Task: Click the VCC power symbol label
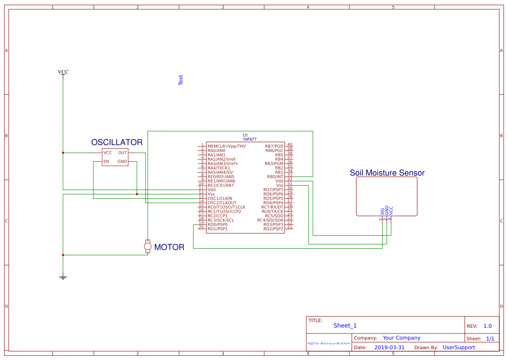pyautogui.click(x=63, y=72)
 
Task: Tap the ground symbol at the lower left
pyautogui.click(x=63, y=277)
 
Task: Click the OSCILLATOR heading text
pyautogui.click(x=116, y=142)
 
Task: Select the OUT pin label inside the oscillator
pyautogui.click(x=123, y=153)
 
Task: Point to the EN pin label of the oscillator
pyautogui.click(x=106, y=162)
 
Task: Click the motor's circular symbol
pyautogui.click(x=148, y=247)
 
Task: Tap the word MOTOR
pyautogui.click(x=169, y=247)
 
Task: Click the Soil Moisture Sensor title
pyautogui.click(x=387, y=173)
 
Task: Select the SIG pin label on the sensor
pyautogui.click(x=382, y=212)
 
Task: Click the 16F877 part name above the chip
pyautogui.click(x=249, y=139)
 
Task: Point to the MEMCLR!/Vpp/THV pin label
pyautogui.click(x=226, y=146)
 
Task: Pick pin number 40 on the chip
pyautogui.click(x=289, y=144)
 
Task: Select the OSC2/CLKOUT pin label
pyautogui.click(x=222, y=203)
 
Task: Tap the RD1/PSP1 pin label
pyautogui.click(x=217, y=229)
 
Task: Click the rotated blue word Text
pyautogui.click(x=181, y=80)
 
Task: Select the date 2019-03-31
pyautogui.click(x=389, y=347)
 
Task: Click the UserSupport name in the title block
pyautogui.click(x=458, y=347)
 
